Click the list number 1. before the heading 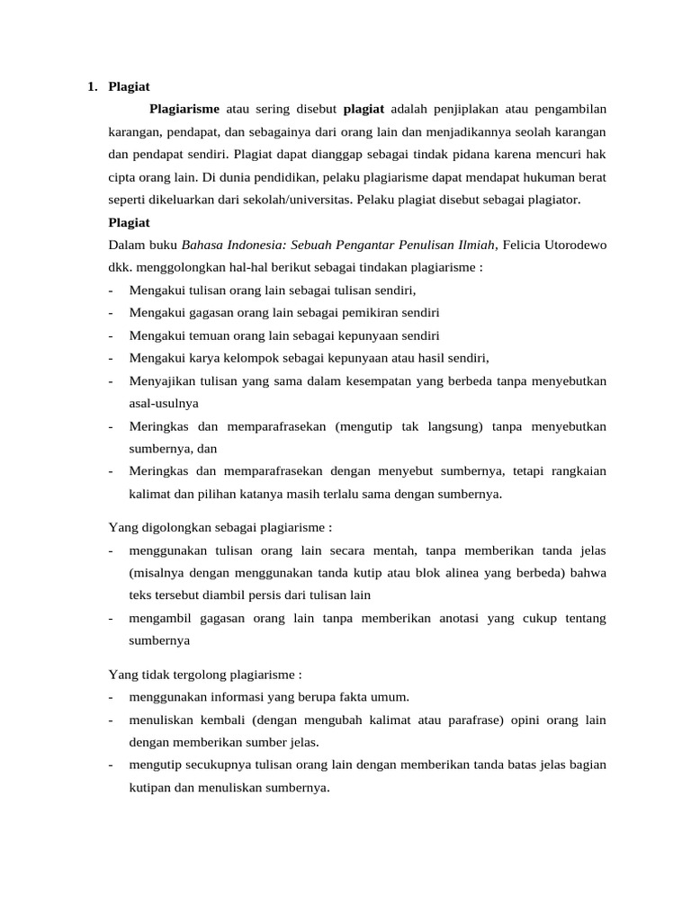point(92,87)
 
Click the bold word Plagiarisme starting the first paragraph point(184,110)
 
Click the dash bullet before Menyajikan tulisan point(110,380)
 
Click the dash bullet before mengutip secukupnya point(110,765)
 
